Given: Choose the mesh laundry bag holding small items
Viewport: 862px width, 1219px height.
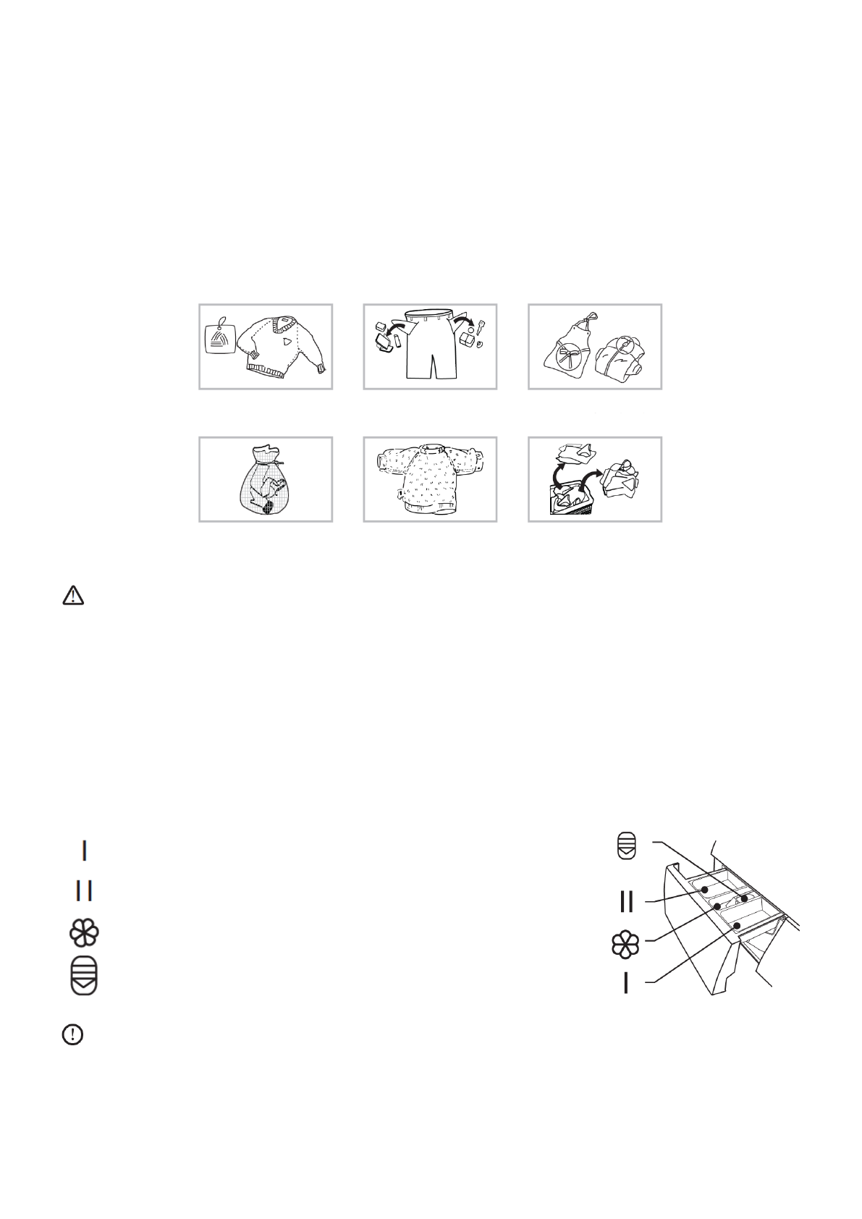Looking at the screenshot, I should point(264,481).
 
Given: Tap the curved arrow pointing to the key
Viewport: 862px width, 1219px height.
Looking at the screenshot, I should point(464,321).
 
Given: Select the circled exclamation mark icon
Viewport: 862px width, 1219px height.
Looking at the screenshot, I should point(73,1035).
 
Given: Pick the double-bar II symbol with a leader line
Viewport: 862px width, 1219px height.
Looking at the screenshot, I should point(627,901).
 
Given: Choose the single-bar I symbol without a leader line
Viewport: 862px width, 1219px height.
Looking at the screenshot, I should point(84,850).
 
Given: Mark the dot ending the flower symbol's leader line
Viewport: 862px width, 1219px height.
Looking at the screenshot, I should point(717,906).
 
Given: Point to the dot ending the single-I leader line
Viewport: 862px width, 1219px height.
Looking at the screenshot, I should point(736,926).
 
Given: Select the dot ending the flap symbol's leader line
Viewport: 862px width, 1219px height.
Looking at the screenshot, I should point(743,899).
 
